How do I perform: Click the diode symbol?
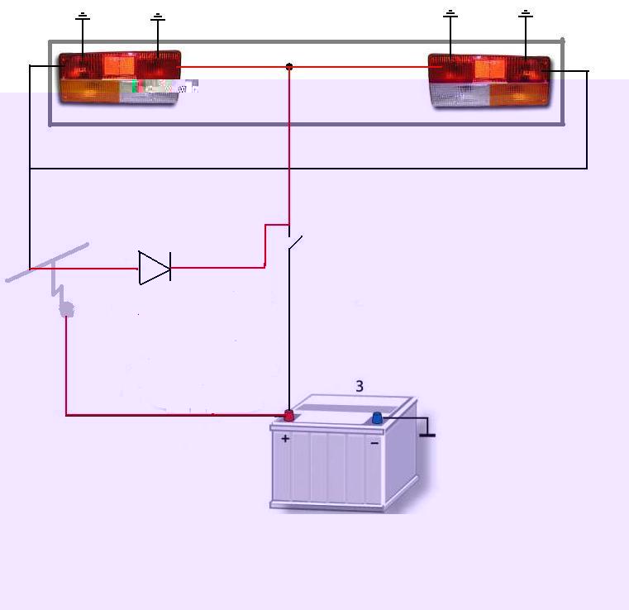click(155, 268)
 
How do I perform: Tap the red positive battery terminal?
click(288, 415)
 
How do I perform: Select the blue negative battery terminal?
click(377, 417)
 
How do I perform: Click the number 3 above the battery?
click(360, 386)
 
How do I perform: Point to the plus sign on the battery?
click(285, 438)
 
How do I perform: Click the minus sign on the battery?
click(374, 443)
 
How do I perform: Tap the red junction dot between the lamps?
click(289, 67)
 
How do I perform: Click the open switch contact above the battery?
click(294, 243)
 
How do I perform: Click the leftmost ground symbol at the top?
click(83, 16)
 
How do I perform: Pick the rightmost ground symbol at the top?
click(526, 14)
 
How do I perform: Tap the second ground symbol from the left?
click(159, 17)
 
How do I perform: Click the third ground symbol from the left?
click(450, 14)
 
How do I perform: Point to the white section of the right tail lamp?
click(460, 95)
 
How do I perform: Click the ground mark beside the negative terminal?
click(427, 431)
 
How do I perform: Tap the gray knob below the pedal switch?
click(67, 309)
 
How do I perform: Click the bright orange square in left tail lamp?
click(120, 66)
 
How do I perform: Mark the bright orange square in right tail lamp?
click(489, 69)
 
